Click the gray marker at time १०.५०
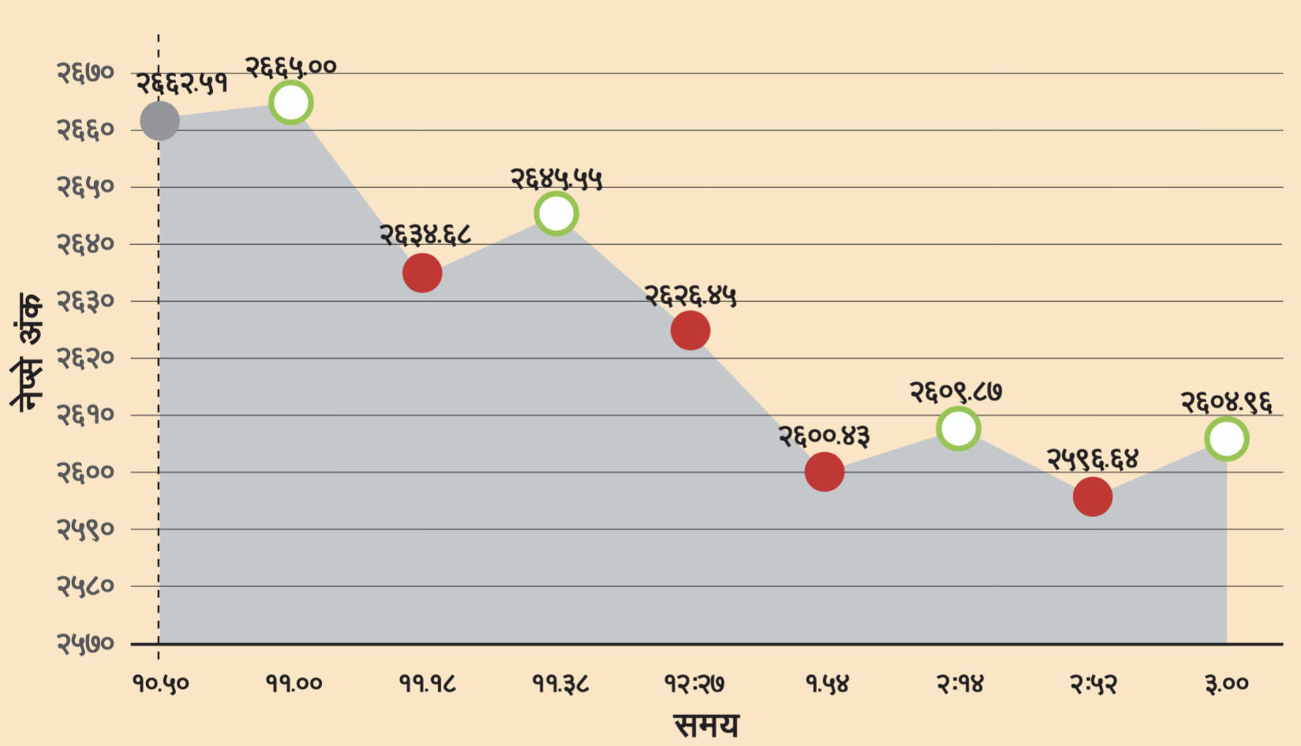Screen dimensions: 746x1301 coord(159,120)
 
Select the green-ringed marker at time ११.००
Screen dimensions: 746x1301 coord(291,103)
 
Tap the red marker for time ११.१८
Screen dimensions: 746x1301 coord(422,273)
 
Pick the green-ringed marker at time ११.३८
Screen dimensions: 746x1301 coord(557,213)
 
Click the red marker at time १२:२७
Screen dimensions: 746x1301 coord(691,330)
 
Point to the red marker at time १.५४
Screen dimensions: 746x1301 coord(824,472)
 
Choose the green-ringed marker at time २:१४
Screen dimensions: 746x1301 coord(958,428)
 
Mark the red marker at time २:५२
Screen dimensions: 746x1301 coord(1093,497)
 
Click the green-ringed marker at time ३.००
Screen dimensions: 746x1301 coord(1227,439)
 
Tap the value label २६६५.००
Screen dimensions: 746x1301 coord(291,67)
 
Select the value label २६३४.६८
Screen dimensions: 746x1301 coord(425,235)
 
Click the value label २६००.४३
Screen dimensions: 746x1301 coord(824,435)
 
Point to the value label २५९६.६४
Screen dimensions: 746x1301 coord(1093,458)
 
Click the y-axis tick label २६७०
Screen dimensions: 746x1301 coord(85,73)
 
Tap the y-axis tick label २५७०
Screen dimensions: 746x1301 coord(85,644)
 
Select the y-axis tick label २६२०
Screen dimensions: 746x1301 coord(85,358)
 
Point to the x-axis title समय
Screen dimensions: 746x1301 coord(706,725)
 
